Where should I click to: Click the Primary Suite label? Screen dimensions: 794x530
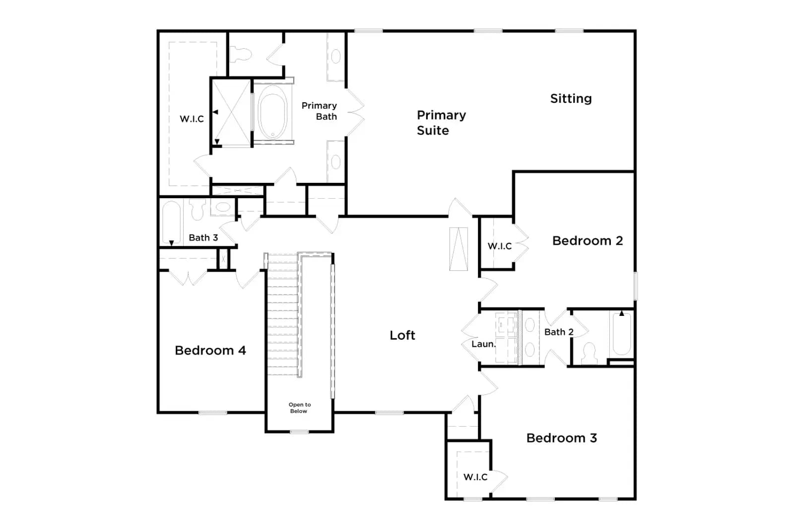[x=441, y=123]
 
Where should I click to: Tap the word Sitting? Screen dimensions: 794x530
[x=571, y=99]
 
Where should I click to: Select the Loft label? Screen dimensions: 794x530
[x=402, y=335]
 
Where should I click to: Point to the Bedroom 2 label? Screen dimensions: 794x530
[x=588, y=241]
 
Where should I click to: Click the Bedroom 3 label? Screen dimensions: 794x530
[x=561, y=438]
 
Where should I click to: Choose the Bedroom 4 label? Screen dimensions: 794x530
[x=210, y=351]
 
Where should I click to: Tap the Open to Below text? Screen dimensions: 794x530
[x=300, y=408]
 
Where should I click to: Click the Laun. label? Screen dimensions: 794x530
[x=483, y=344]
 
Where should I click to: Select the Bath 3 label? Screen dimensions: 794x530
[x=203, y=238]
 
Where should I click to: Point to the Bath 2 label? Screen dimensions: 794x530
[x=559, y=332]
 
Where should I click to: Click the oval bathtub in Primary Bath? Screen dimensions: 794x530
[x=272, y=112]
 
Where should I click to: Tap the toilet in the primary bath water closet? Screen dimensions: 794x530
[x=241, y=55]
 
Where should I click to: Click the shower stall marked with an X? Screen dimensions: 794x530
[x=232, y=112]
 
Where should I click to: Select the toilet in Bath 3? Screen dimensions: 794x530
[x=197, y=209]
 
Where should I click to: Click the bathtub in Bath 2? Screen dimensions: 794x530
[x=622, y=333]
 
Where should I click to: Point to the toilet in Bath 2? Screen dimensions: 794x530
[x=590, y=353]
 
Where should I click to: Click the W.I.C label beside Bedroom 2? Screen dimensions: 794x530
[x=499, y=246]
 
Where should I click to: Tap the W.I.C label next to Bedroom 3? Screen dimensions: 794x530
[x=475, y=477]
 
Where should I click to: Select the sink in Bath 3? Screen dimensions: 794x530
[x=223, y=207]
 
